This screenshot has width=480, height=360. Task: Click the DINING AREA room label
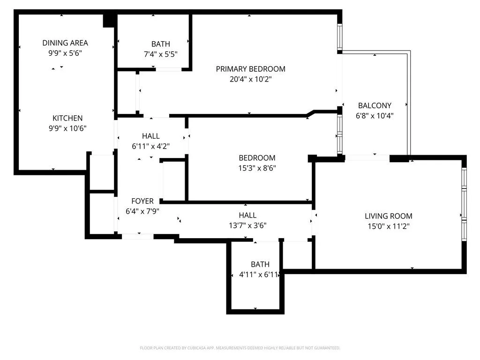(x=65, y=43)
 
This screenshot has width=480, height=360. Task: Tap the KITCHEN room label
(x=67, y=118)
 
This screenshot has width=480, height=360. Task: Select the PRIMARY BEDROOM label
(x=251, y=69)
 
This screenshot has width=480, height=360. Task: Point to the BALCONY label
(x=375, y=105)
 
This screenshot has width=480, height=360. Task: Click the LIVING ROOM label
(x=389, y=216)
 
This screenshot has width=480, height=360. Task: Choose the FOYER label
(x=142, y=201)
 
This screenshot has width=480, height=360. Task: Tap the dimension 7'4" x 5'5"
(x=161, y=54)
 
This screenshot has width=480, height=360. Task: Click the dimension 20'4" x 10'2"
(x=251, y=79)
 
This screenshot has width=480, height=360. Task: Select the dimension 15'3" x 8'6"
(x=257, y=168)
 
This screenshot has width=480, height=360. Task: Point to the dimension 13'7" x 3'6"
(x=247, y=225)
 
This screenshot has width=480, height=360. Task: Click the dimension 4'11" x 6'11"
(x=259, y=275)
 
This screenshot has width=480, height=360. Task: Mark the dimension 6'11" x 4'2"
(x=150, y=146)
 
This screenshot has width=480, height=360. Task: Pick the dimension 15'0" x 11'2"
(x=389, y=226)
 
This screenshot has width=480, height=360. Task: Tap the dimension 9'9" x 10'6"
(x=67, y=128)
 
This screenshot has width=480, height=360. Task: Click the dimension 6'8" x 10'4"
(x=375, y=116)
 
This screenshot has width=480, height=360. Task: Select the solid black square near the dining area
(x=109, y=21)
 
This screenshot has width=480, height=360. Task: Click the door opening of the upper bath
(x=169, y=69)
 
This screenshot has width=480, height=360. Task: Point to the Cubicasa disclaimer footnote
(x=240, y=348)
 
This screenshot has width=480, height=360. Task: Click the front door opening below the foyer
(x=138, y=236)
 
